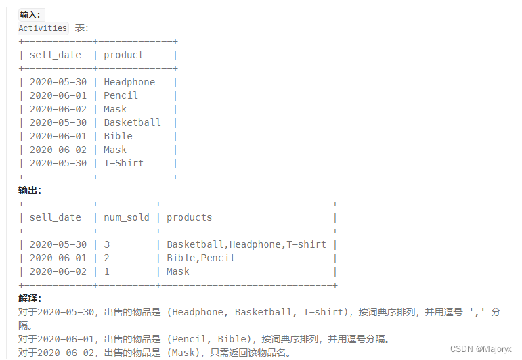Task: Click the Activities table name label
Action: tap(43, 28)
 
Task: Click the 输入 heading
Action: tap(30, 14)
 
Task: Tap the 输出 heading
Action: tap(30, 190)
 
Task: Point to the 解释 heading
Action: tap(30, 298)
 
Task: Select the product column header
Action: tap(123, 55)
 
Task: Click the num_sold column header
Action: tap(125, 217)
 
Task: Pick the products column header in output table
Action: tap(189, 217)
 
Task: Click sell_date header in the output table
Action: tap(55, 217)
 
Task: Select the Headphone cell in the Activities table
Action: tap(129, 82)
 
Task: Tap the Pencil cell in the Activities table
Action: tap(121, 95)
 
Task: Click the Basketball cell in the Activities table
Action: tap(132, 122)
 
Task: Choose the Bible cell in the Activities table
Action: tap(118, 136)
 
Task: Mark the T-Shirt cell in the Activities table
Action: tap(123, 163)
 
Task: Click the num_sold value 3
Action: tap(106, 244)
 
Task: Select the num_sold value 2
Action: tap(106, 258)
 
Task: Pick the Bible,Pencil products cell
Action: tap(200, 258)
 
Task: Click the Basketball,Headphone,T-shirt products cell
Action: tap(246, 244)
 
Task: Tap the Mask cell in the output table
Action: tap(178, 271)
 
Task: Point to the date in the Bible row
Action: tap(58, 136)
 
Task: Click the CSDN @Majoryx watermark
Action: tap(481, 349)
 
